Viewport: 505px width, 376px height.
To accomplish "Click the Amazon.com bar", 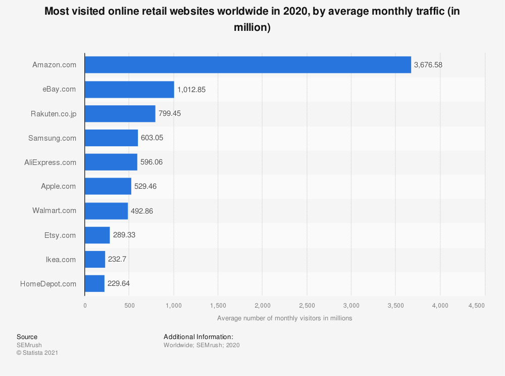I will [247, 65].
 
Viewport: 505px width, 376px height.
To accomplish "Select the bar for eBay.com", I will [129, 90].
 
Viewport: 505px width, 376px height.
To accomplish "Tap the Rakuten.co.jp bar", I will [120, 114].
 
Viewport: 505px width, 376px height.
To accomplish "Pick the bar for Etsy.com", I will [97, 235].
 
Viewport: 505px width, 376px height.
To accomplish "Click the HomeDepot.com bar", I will [94, 284].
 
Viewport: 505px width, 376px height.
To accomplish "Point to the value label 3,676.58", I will [428, 65].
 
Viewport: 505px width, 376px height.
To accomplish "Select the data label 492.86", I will [142, 211].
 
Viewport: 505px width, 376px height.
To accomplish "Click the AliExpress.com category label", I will [50, 162].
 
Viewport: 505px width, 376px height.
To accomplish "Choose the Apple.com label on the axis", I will [59, 187].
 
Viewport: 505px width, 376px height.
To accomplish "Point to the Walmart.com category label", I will [55, 211].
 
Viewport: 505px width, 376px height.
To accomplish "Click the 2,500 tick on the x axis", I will [307, 306].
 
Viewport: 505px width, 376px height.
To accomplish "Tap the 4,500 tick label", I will [476, 306].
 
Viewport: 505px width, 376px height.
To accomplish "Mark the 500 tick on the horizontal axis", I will [129, 306].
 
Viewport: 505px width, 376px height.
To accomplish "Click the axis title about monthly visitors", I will [284, 318].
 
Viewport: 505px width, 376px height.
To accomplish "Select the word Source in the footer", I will [27, 337].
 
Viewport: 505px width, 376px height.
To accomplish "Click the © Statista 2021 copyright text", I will [37, 353].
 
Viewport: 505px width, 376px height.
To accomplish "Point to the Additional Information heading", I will [198, 337].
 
